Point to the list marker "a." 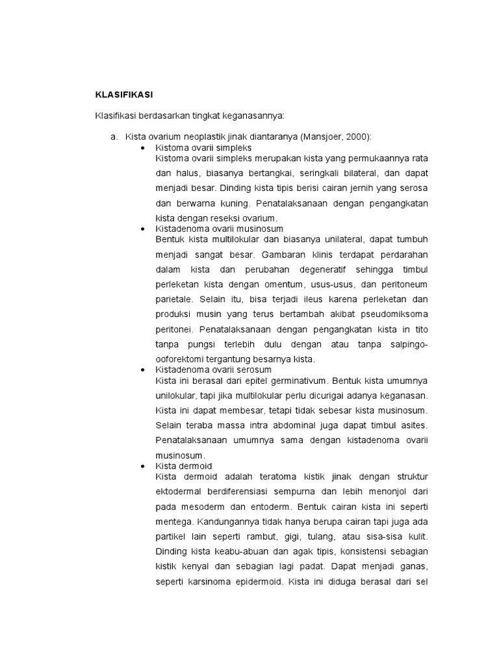pos(114,137)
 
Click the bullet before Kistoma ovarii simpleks pos(143,148)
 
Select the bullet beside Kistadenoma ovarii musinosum pos(143,229)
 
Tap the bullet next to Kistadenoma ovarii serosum pos(143,370)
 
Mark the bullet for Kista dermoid pos(143,466)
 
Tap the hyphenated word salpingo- pos(407,344)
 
